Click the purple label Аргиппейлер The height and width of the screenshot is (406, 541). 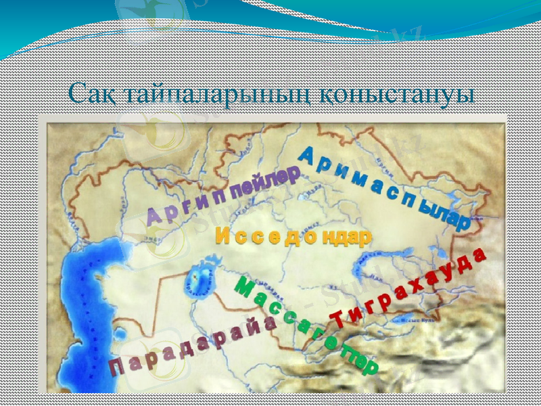pyautogui.click(x=223, y=197)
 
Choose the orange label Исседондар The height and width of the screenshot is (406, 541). pyautogui.click(x=293, y=237)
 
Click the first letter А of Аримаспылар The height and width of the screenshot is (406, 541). pyautogui.click(x=305, y=155)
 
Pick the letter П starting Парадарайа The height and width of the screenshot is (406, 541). pyautogui.click(x=116, y=369)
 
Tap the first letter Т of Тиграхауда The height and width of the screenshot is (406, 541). pyautogui.click(x=336, y=317)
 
